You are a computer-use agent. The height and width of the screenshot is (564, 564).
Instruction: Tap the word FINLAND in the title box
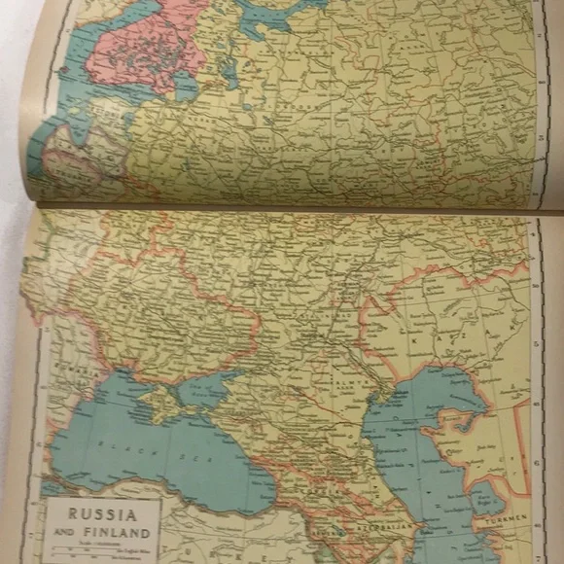[120, 533]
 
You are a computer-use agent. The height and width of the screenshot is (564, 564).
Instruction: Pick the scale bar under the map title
[101, 550]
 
